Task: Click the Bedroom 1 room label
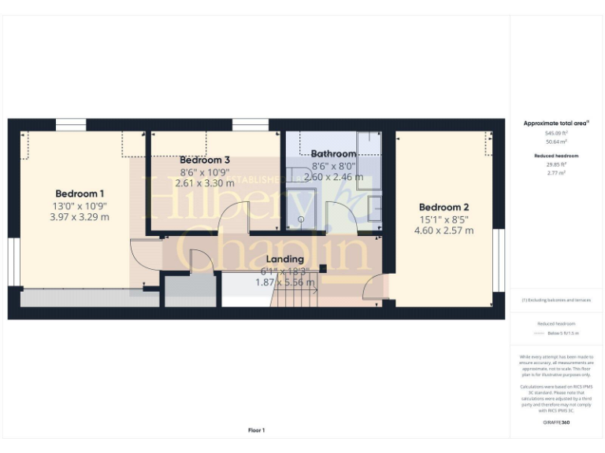tap(80, 193)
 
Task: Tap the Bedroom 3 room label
tap(205, 160)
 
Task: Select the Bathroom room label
tap(333, 153)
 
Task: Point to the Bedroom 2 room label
tap(444, 208)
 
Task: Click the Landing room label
tap(285, 260)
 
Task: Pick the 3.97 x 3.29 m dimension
tap(80, 217)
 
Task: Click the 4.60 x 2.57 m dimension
tap(444, 230)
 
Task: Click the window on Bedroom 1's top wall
tap(71, 124)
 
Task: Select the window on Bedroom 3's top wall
tap(251, 124)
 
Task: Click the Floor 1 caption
tap(257, 430)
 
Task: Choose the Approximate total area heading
tap(556, 123)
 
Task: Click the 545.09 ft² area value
tap(556, 133)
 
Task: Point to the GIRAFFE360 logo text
tap(556, 423)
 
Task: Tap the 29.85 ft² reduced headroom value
tap(556, 165)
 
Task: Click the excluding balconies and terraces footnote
tap(556, 300)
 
